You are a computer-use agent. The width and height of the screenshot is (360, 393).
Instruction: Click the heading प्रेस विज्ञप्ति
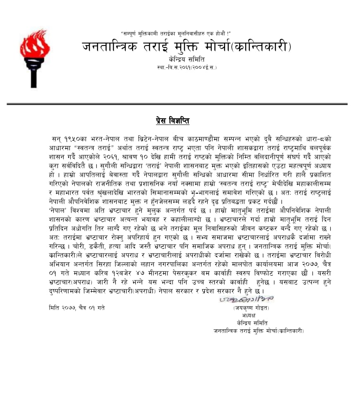(x=173, y=121)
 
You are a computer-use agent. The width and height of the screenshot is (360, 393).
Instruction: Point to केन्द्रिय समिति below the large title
(x=186, y=60)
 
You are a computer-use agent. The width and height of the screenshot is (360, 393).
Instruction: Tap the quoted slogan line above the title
(x=175, y=33)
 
